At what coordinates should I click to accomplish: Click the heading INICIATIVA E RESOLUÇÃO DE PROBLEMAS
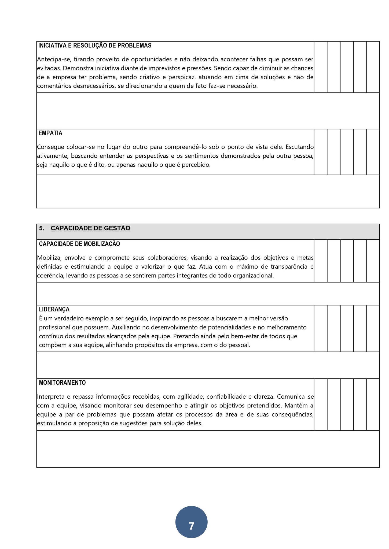pos(95,46)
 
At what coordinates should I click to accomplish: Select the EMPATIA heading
pos(50,133)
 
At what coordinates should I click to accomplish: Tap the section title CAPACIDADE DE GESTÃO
pos(90,228)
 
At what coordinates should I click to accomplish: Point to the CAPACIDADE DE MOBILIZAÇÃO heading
pos(79,244)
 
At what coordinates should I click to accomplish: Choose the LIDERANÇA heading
pos(54,309)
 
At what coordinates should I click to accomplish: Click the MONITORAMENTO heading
pos(62,383)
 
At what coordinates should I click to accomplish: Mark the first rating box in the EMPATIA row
pos(321,152)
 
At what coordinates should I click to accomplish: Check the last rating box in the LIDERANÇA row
pos(373,328)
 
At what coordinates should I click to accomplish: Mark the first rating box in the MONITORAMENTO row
pos(321,404)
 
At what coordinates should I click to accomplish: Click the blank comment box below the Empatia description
pos(208,191)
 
